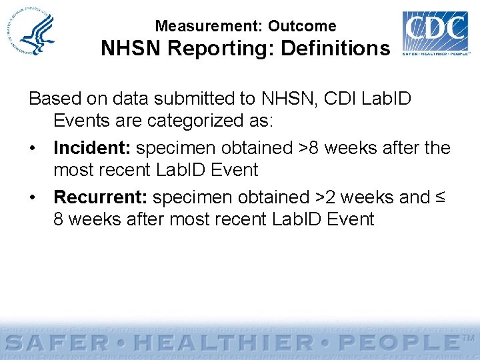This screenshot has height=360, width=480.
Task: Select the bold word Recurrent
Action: [101, 197]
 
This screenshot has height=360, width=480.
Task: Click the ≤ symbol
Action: [440, 197]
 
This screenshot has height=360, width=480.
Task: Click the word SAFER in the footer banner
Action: [59, 344]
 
